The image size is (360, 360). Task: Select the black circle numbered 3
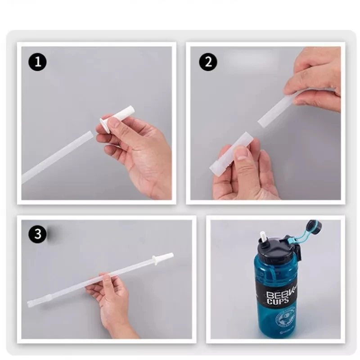pos(38,235)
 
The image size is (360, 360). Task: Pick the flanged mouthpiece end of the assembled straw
pos(162,258)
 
